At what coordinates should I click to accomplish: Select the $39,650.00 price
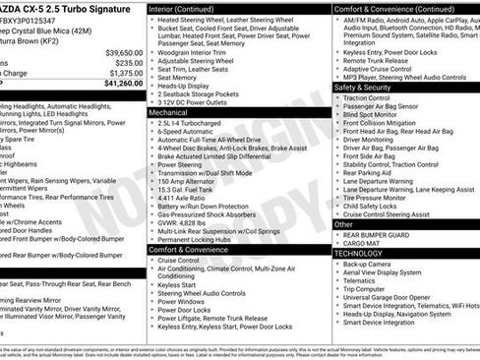(124, 52)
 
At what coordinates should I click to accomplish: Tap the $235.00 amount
(128, 62)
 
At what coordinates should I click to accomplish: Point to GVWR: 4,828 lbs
(189, 223)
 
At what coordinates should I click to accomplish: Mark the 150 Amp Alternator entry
(193, 182)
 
